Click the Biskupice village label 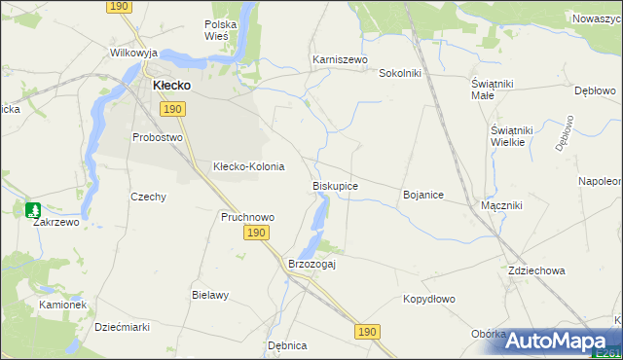[335, 186]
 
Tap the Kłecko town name [170, 86]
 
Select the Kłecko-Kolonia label [248, 166]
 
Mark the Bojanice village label [422, 196]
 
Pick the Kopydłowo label [429, 300]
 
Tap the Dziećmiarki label [122, 328]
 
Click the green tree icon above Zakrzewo [33, 209]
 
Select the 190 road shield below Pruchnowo [255, 234]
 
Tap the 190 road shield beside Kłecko [172, 109]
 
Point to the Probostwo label [158, 137]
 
